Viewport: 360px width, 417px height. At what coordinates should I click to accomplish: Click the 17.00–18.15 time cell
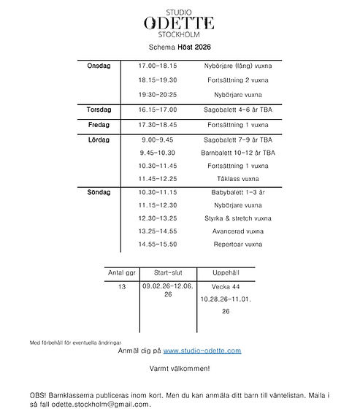coord(158,66)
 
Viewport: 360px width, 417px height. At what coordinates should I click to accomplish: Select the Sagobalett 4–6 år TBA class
coord(237,110)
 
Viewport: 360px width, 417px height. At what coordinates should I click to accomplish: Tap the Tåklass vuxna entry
coord(237,179)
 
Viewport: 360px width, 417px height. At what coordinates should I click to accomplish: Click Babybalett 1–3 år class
coord(237,192)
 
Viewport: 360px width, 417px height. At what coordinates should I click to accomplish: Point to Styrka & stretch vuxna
coord(237,218)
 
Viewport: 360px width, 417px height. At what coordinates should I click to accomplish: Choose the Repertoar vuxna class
coord(237,244)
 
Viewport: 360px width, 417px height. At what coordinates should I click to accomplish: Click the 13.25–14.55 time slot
coord(158,232)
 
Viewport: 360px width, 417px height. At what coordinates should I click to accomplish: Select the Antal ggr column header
coord(121,272)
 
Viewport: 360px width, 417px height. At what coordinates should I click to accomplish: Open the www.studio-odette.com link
coord(202,351)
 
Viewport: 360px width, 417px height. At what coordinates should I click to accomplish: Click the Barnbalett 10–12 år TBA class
coord(237,153)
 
